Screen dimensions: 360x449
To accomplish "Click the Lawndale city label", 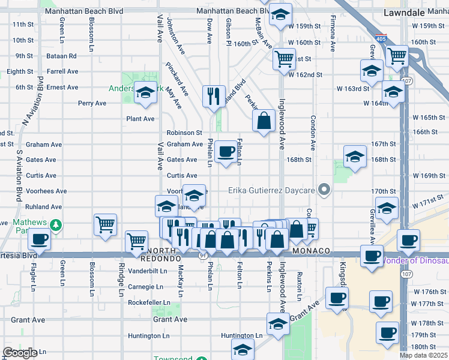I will click(405, 11).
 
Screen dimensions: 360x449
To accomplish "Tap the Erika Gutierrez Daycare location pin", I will click(325, 190).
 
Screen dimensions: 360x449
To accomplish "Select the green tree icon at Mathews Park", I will click(56, 225).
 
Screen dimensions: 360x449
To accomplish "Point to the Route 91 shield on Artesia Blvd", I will click(203, 254).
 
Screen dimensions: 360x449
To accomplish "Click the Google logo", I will click(20, 353).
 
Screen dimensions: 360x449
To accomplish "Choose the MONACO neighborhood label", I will click(312, 250).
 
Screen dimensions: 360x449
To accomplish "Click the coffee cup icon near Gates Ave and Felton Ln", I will click(226, 152).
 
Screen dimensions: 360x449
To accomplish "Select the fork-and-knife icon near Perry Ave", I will click(213, 95).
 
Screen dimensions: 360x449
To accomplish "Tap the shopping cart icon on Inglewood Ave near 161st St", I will click(284, 59).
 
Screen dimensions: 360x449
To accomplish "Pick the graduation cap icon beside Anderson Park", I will click(145, 93).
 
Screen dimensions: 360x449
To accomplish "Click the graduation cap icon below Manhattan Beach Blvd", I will click(279, 16).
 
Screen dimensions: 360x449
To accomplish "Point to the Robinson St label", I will click(184, 133).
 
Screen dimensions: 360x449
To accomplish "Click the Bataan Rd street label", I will click(63, 56).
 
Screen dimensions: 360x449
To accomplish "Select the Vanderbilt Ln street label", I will click(146, 271).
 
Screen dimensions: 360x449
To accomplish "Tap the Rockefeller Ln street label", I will click(145, 302).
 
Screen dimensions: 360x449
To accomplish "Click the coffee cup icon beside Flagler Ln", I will click(40, 239).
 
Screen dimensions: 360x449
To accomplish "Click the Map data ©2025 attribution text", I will click(423, 355).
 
